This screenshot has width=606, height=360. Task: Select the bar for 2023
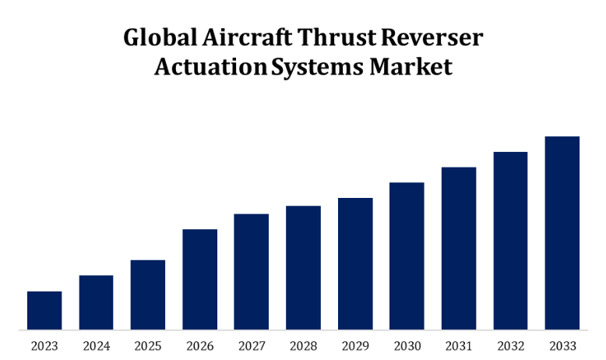[44, 310]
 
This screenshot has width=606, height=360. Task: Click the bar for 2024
[96, 302]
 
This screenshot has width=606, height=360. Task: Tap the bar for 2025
[148, 295]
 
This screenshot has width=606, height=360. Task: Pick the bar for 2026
[199, 279]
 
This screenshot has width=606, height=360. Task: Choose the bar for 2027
[252, 271]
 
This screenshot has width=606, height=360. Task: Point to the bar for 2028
[303, 267]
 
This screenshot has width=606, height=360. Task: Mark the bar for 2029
[355, 263]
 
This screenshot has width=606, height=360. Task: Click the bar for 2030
[407, 256]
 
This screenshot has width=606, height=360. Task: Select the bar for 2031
[459, 248]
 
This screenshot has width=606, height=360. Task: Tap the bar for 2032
[510, 240]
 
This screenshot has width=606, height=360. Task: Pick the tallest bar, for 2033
[562, 232]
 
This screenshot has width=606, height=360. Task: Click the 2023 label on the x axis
[44, 346]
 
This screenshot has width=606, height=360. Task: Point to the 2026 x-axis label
[199, 346]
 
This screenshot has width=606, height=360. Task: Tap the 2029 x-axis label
[355, 346]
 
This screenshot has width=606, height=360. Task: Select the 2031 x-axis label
[459, 346]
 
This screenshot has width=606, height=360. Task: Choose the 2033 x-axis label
[562, 346]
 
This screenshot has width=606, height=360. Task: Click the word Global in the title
[157, 38]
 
